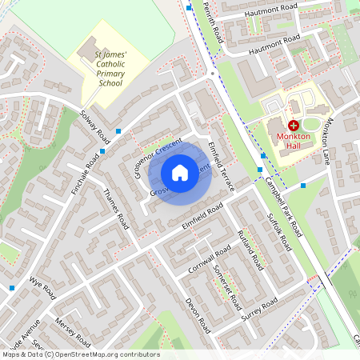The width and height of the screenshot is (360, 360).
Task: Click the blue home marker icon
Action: pos(180,173)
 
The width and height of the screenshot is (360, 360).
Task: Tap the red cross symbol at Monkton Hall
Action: pos(293,126)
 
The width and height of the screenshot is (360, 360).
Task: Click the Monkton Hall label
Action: pos(293,142)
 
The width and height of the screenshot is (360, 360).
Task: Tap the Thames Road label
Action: pos(116,210)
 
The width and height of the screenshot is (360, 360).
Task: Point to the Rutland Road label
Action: pos(250,249)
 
